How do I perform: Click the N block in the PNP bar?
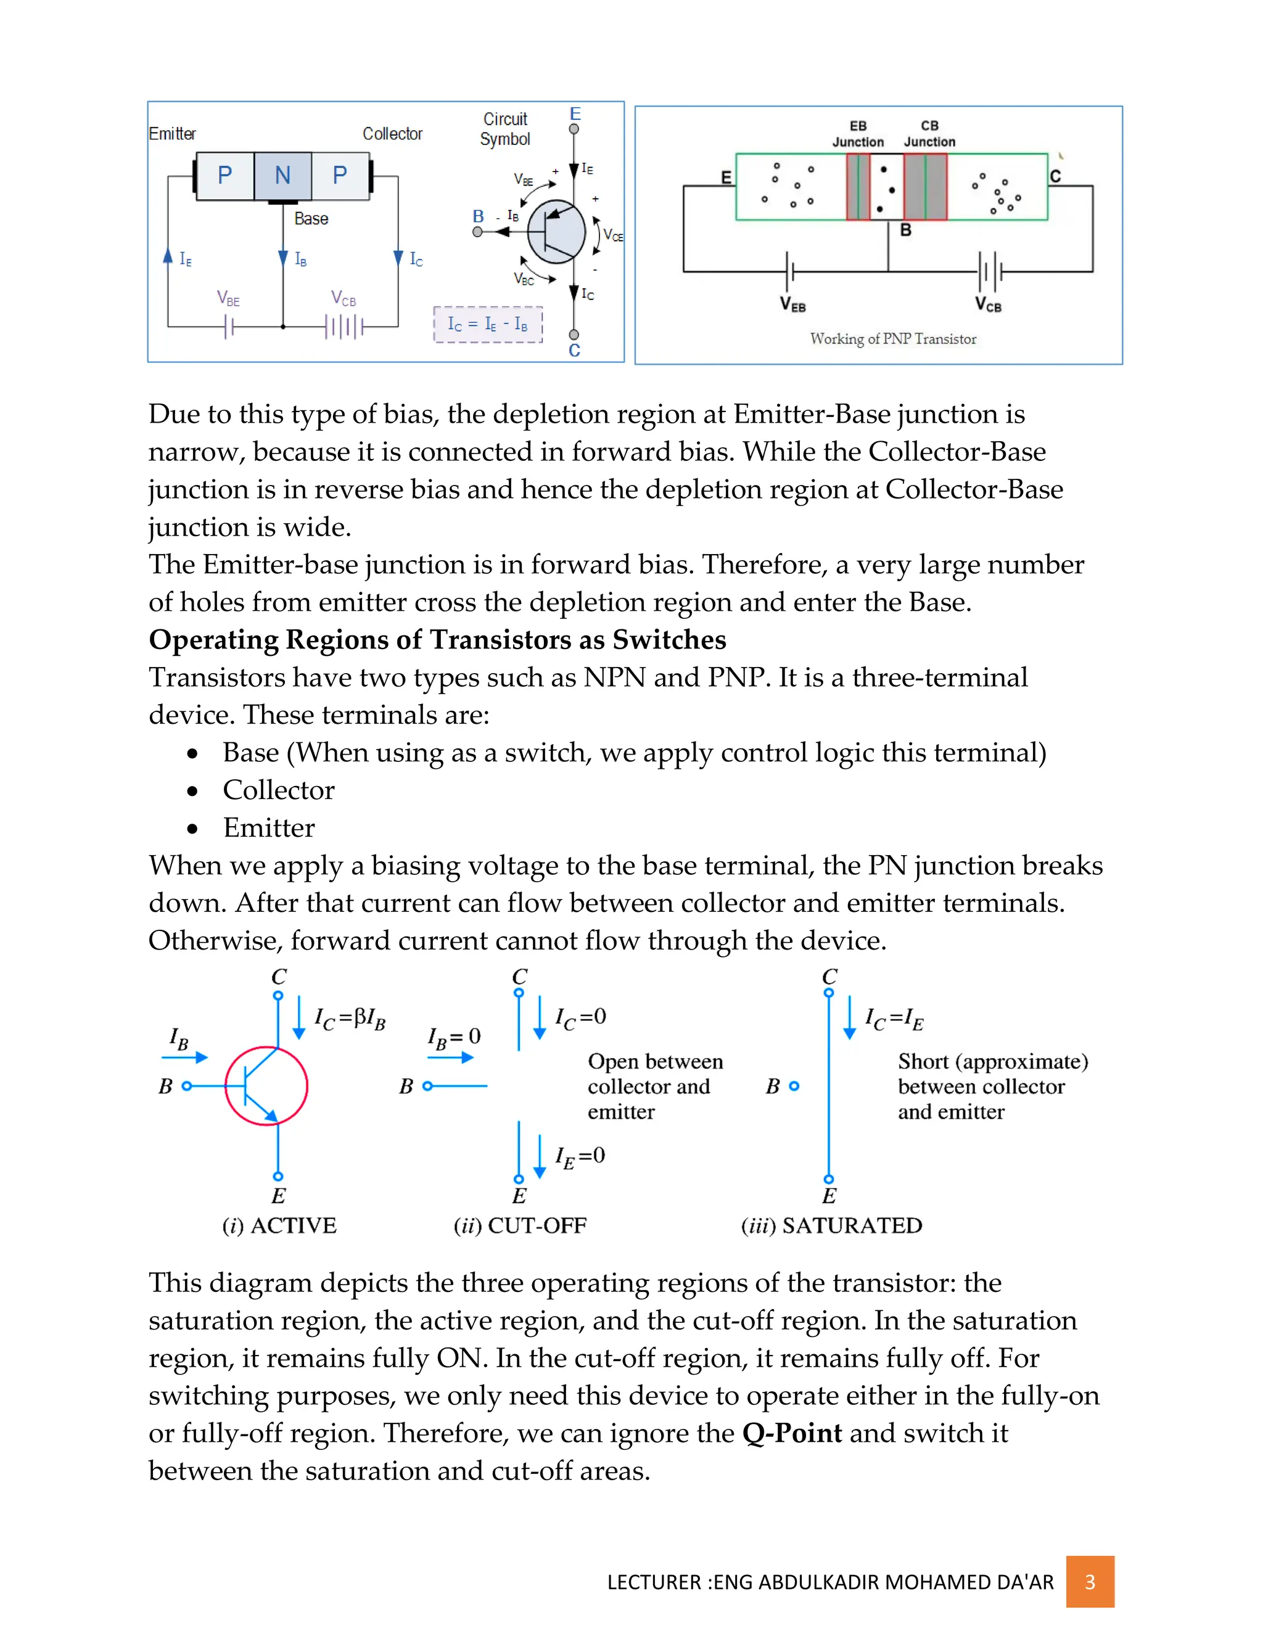coord(282,175)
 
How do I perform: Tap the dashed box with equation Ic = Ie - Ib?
coord(488,324)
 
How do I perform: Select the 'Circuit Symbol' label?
coord(505,129)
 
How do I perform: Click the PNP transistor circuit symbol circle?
coord(556,232)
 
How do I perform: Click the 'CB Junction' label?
coord(929,133)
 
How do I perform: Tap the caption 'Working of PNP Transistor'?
coord(892,339)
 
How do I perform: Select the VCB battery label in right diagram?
coord(988,304)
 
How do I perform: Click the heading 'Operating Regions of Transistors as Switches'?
coord(437,639)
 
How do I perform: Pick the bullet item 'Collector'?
coord(278,790)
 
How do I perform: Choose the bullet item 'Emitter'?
coord(269,827)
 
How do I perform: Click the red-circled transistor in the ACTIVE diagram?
coord(266,1085)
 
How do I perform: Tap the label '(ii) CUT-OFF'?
coord(520,1225)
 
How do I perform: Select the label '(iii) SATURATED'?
coord(831,1225)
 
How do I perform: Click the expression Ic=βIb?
coord(350,1019)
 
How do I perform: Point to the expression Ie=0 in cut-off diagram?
coord(580,1157)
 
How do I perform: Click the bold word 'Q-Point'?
coord(792,1433)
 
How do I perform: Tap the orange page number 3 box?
coord(1090,1581)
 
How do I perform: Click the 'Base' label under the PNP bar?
coord(311,218)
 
